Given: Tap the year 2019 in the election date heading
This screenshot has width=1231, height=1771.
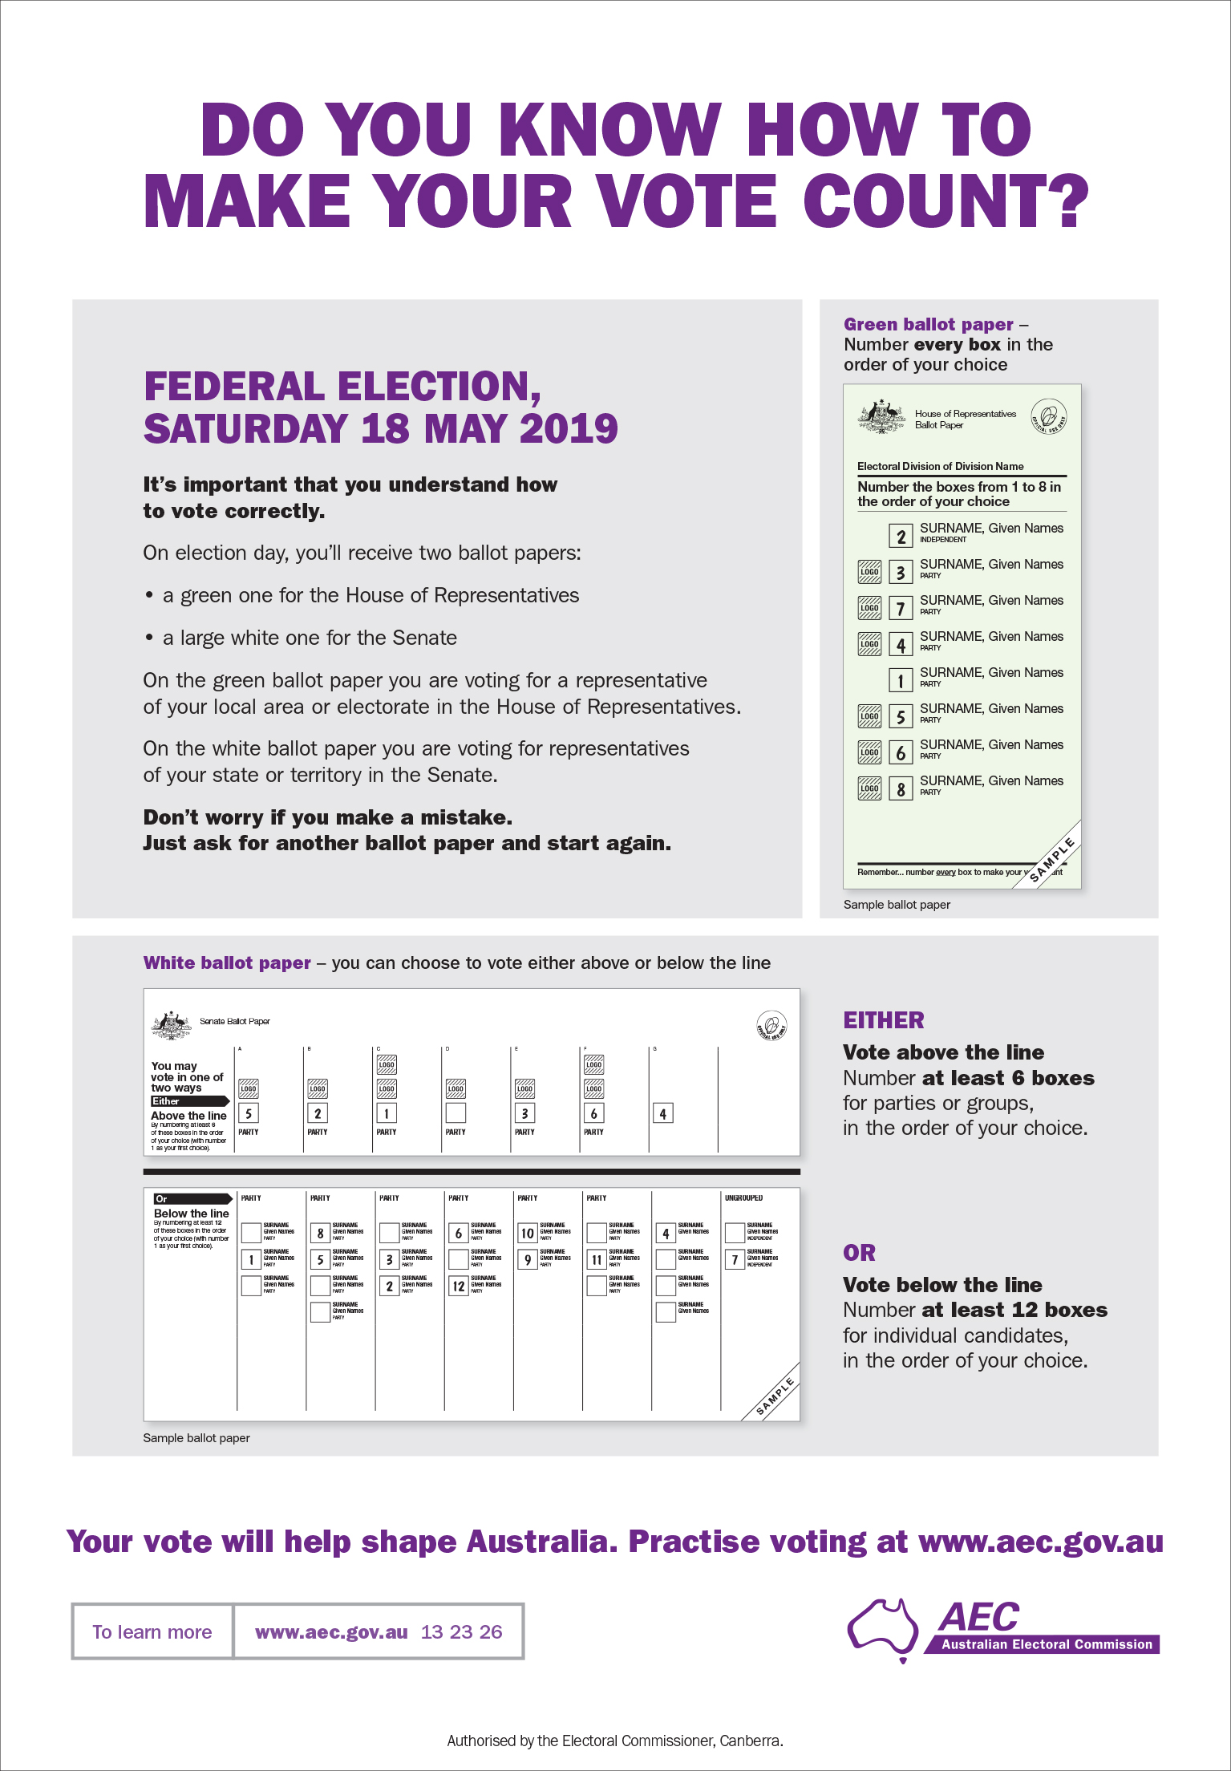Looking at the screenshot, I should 569,428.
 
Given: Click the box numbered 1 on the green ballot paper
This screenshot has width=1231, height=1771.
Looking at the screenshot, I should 901,681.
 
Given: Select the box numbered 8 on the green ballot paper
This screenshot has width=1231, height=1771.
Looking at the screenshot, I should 901,789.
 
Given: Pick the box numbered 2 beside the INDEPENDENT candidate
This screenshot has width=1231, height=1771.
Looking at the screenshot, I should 901,536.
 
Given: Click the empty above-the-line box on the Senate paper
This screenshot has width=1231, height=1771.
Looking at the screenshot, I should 456,1113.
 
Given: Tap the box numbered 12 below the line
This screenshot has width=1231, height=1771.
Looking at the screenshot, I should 459,1286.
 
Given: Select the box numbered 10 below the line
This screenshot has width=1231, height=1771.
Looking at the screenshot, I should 527,1233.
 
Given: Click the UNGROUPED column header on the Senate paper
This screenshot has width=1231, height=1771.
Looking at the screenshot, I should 743,1198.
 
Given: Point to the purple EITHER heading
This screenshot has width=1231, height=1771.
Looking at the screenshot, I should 883,1020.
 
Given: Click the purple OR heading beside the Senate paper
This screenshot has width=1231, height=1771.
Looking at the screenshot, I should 859,1253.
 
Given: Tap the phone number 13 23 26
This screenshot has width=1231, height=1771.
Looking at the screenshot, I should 461,1631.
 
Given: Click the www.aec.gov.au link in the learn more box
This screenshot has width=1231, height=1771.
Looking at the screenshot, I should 331,1631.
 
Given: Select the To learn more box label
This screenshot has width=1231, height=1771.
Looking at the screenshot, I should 152,1631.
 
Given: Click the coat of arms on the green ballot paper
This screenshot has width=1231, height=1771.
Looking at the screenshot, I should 881,416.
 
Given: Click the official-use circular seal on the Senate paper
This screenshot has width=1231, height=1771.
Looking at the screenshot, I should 771,1026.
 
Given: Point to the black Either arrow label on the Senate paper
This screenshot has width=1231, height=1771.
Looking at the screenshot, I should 189,1101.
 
